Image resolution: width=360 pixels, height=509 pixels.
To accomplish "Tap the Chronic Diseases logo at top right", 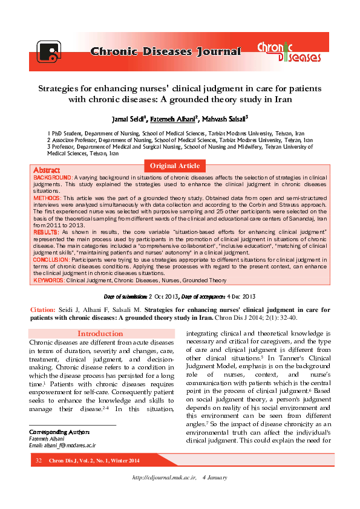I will click(289, 51).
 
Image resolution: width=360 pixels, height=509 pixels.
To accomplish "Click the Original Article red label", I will click(175, 166).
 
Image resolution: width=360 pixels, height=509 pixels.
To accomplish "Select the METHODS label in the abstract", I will click(47, 198).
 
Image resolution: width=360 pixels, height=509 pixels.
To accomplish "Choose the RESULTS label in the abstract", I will click(46, 232).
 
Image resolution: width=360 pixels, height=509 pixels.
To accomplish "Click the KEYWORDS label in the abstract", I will click(48, 280).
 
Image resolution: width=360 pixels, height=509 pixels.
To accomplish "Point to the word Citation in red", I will click(43, 310).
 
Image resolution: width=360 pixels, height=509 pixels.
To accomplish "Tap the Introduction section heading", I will click(100, 334).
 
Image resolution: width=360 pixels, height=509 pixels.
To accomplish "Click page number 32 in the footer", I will click(39, 461).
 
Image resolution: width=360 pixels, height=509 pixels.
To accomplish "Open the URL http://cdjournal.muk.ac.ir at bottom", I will click(165, 478).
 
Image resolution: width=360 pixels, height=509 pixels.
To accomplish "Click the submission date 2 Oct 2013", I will click(163, 297).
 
